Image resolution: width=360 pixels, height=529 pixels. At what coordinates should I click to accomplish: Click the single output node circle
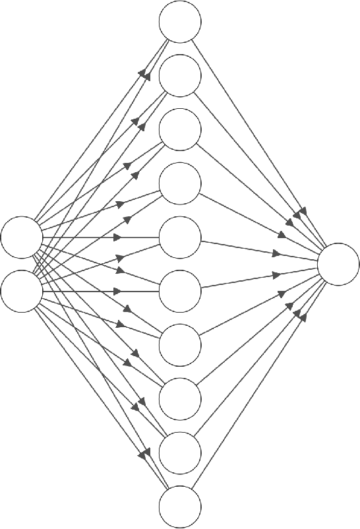tap(338, 264)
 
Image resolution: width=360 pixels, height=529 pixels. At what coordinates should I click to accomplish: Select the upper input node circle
tap(22, 237)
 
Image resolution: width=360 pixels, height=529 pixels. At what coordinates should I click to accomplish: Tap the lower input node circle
tap(22, 291)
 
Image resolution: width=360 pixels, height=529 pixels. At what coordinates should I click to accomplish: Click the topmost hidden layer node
tap(180, 22)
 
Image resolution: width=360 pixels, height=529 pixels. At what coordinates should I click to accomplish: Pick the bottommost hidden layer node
tap(180, 507)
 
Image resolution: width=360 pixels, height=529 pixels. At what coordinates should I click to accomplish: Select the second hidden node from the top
tap(180, 75)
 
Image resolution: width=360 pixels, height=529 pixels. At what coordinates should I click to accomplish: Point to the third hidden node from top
tap(180, 129)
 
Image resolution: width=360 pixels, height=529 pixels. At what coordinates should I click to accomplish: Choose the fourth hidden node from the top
tap(180, 183)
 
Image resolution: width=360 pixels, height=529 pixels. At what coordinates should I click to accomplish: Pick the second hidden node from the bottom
tap(180, 453)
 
